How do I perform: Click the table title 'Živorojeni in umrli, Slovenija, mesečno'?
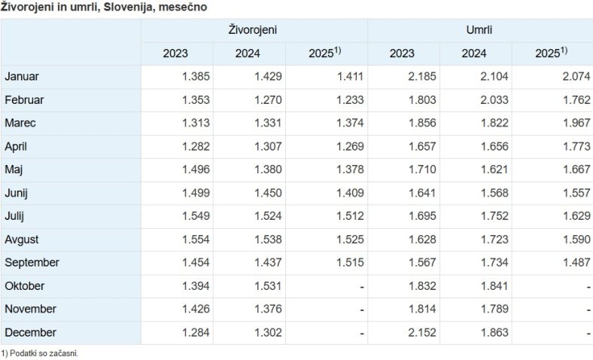[x=105, y=7]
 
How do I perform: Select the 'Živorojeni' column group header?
[x=253, y=30]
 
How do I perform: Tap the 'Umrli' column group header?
[x=479, y=30]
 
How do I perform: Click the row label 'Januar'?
[x=22, y=77]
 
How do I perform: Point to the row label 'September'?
[x=32, y=263]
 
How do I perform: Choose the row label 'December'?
[x=30, y=333]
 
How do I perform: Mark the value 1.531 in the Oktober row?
[x=266, y=286]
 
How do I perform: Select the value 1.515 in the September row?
[x=348, y=263]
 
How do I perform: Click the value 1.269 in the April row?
[x=348, y=147]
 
